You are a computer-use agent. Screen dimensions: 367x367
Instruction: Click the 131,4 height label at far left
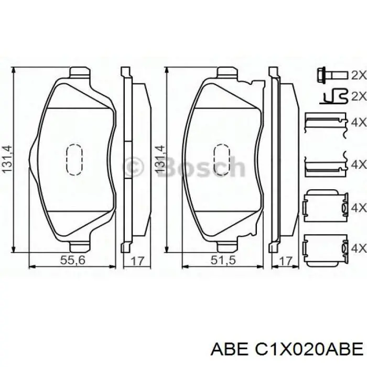point(7,159)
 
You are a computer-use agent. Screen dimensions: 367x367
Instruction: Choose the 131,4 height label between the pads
point(158,159)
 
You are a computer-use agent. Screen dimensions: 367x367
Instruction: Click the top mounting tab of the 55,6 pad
point(80,72)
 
